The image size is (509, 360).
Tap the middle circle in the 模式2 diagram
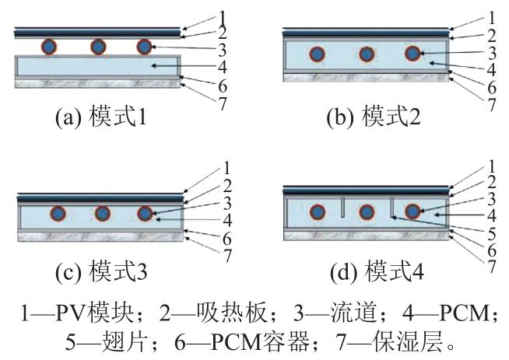click(366, 54)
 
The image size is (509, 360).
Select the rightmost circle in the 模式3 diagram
click(143, 214)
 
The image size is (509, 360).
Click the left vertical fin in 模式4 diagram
click(342, 209)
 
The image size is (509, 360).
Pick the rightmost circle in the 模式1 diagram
click(143, 47)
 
